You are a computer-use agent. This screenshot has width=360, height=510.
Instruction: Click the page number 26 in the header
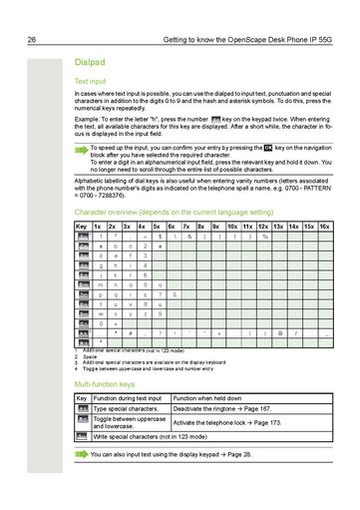32,39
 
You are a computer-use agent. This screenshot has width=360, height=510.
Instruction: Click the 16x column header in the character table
324,227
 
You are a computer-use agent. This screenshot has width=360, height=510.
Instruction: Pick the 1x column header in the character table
98,227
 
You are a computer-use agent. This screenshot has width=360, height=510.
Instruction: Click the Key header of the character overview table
81,227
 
